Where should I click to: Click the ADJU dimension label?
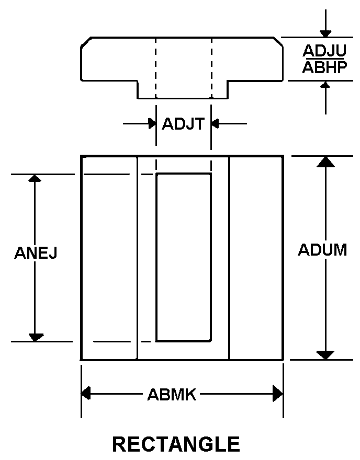[325, 51]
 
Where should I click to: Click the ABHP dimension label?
[325, 67]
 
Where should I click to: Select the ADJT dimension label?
[183, 124]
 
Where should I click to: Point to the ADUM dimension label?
[322, 250]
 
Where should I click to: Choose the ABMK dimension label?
[172, 395]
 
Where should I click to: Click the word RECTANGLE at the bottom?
[176, 444]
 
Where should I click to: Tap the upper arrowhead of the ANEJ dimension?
[35, 178]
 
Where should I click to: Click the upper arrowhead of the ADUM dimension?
[325, 161]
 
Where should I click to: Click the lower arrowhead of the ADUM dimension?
[325, 354]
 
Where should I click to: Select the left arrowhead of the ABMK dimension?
[86, 394]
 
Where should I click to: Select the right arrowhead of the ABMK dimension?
[278, 394]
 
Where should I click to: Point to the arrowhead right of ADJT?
[216, 124]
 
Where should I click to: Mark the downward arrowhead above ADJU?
[325, 33]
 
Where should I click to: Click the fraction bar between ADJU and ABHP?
[325, 59]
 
